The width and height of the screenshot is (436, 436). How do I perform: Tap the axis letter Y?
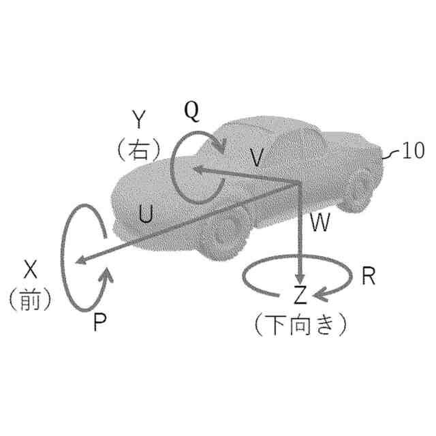pyautogui.click(x=139, y=121)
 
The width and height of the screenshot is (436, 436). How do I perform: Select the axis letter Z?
pyautogui.click(x=300, y=295)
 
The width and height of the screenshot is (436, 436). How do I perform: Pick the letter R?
pyautogui.click(x=369, y=276)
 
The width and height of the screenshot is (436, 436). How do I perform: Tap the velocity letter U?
pyautogui.click(x=144, y=214)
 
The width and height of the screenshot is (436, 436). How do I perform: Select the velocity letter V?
pyautogui.click(x=256, y=159)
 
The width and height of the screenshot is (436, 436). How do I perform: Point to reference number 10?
pyautogui.click(x=414, y=151)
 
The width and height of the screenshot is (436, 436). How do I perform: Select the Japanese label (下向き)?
pyautogui.click(x=300, y=324)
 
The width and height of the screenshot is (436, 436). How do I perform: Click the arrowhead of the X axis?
pyautogui.click(x=78, y=260)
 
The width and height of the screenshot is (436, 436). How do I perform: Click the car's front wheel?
pyautogui.click(x=228, y=230)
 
